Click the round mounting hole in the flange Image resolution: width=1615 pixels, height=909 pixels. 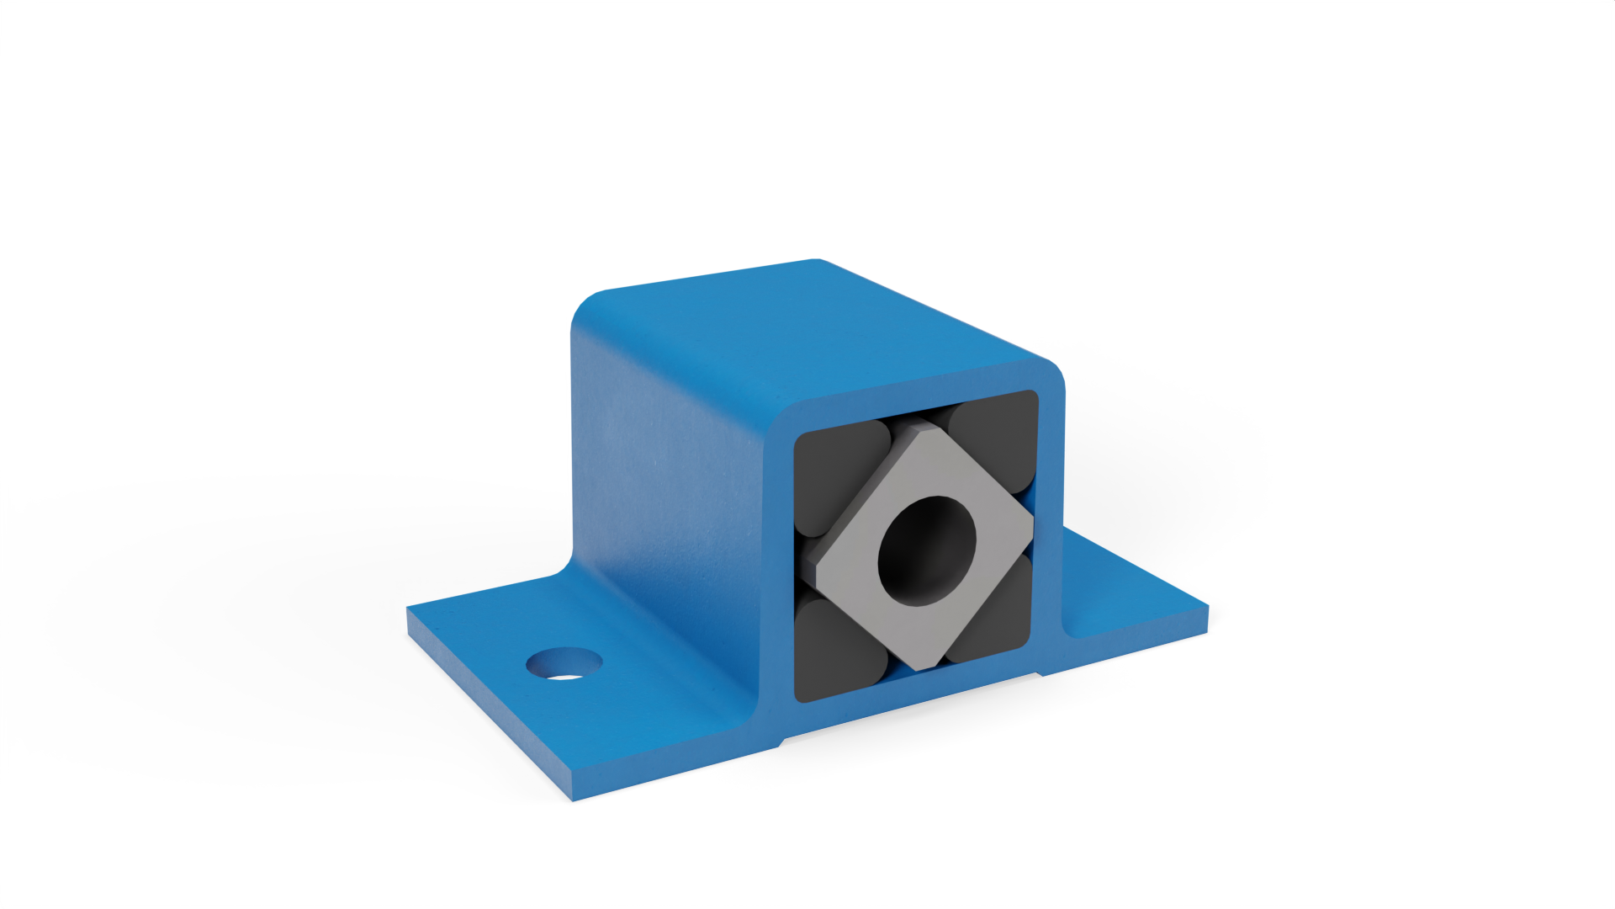click(x=564, y=663)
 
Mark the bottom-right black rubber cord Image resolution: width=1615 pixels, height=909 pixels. click(x=993, y=614)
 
